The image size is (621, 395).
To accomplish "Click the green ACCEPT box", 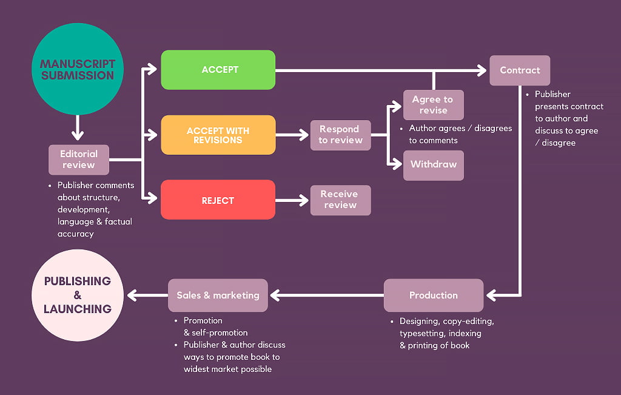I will tap(218, 70).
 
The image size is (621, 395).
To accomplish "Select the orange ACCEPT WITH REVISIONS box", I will tap(218, 135).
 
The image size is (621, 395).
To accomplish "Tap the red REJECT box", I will tap(218, 200).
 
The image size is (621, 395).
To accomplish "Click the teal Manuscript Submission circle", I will tap(77, 69).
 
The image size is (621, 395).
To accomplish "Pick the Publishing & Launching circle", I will tap(77, 295).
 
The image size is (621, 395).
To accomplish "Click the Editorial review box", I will tap(79, 160).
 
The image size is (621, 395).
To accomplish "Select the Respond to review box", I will tap(340, 135).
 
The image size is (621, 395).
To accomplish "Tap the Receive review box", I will tap(340, 200).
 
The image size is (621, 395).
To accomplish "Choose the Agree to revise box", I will tap(433, 105).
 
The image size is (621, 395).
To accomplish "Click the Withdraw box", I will tap(433, 165).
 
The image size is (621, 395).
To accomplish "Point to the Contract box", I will tap(520, 70).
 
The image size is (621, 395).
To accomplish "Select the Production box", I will tap(433, 295).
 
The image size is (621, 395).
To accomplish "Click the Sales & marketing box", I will tap(218, 295).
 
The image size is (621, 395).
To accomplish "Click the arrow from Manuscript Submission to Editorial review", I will tap(77, 129).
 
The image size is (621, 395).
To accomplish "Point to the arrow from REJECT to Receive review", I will tap(292, 200).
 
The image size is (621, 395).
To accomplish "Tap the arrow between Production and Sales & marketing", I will tap(327, 295).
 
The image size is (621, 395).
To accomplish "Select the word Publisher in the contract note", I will tap(552, 95).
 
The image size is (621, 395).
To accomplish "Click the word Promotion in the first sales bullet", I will tap(203, 320).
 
